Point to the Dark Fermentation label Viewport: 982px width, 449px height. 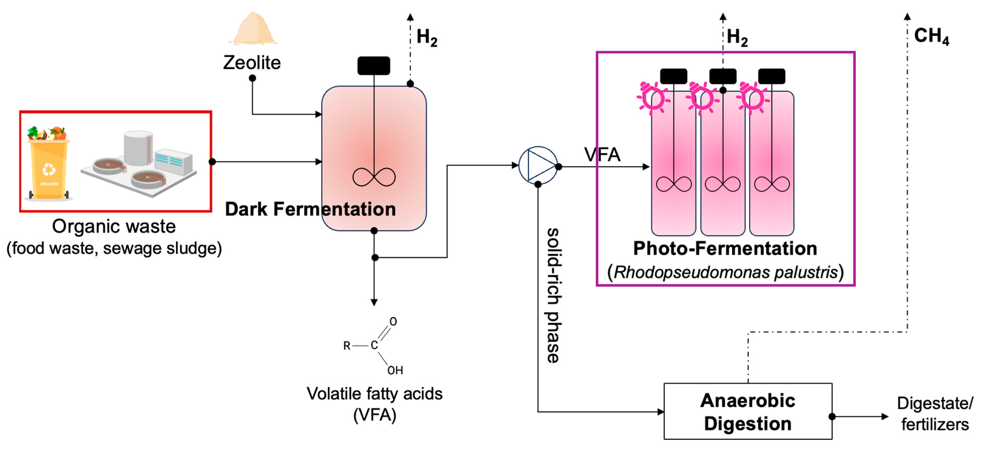310,209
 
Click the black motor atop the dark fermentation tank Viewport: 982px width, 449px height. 374,66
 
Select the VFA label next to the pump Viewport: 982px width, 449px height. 602,155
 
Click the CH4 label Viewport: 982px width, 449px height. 931,36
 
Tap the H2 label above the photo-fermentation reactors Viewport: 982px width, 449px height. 737,37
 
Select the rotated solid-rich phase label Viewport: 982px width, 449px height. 553,295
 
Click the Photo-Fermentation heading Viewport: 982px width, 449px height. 725,248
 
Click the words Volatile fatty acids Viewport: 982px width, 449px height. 374,394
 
